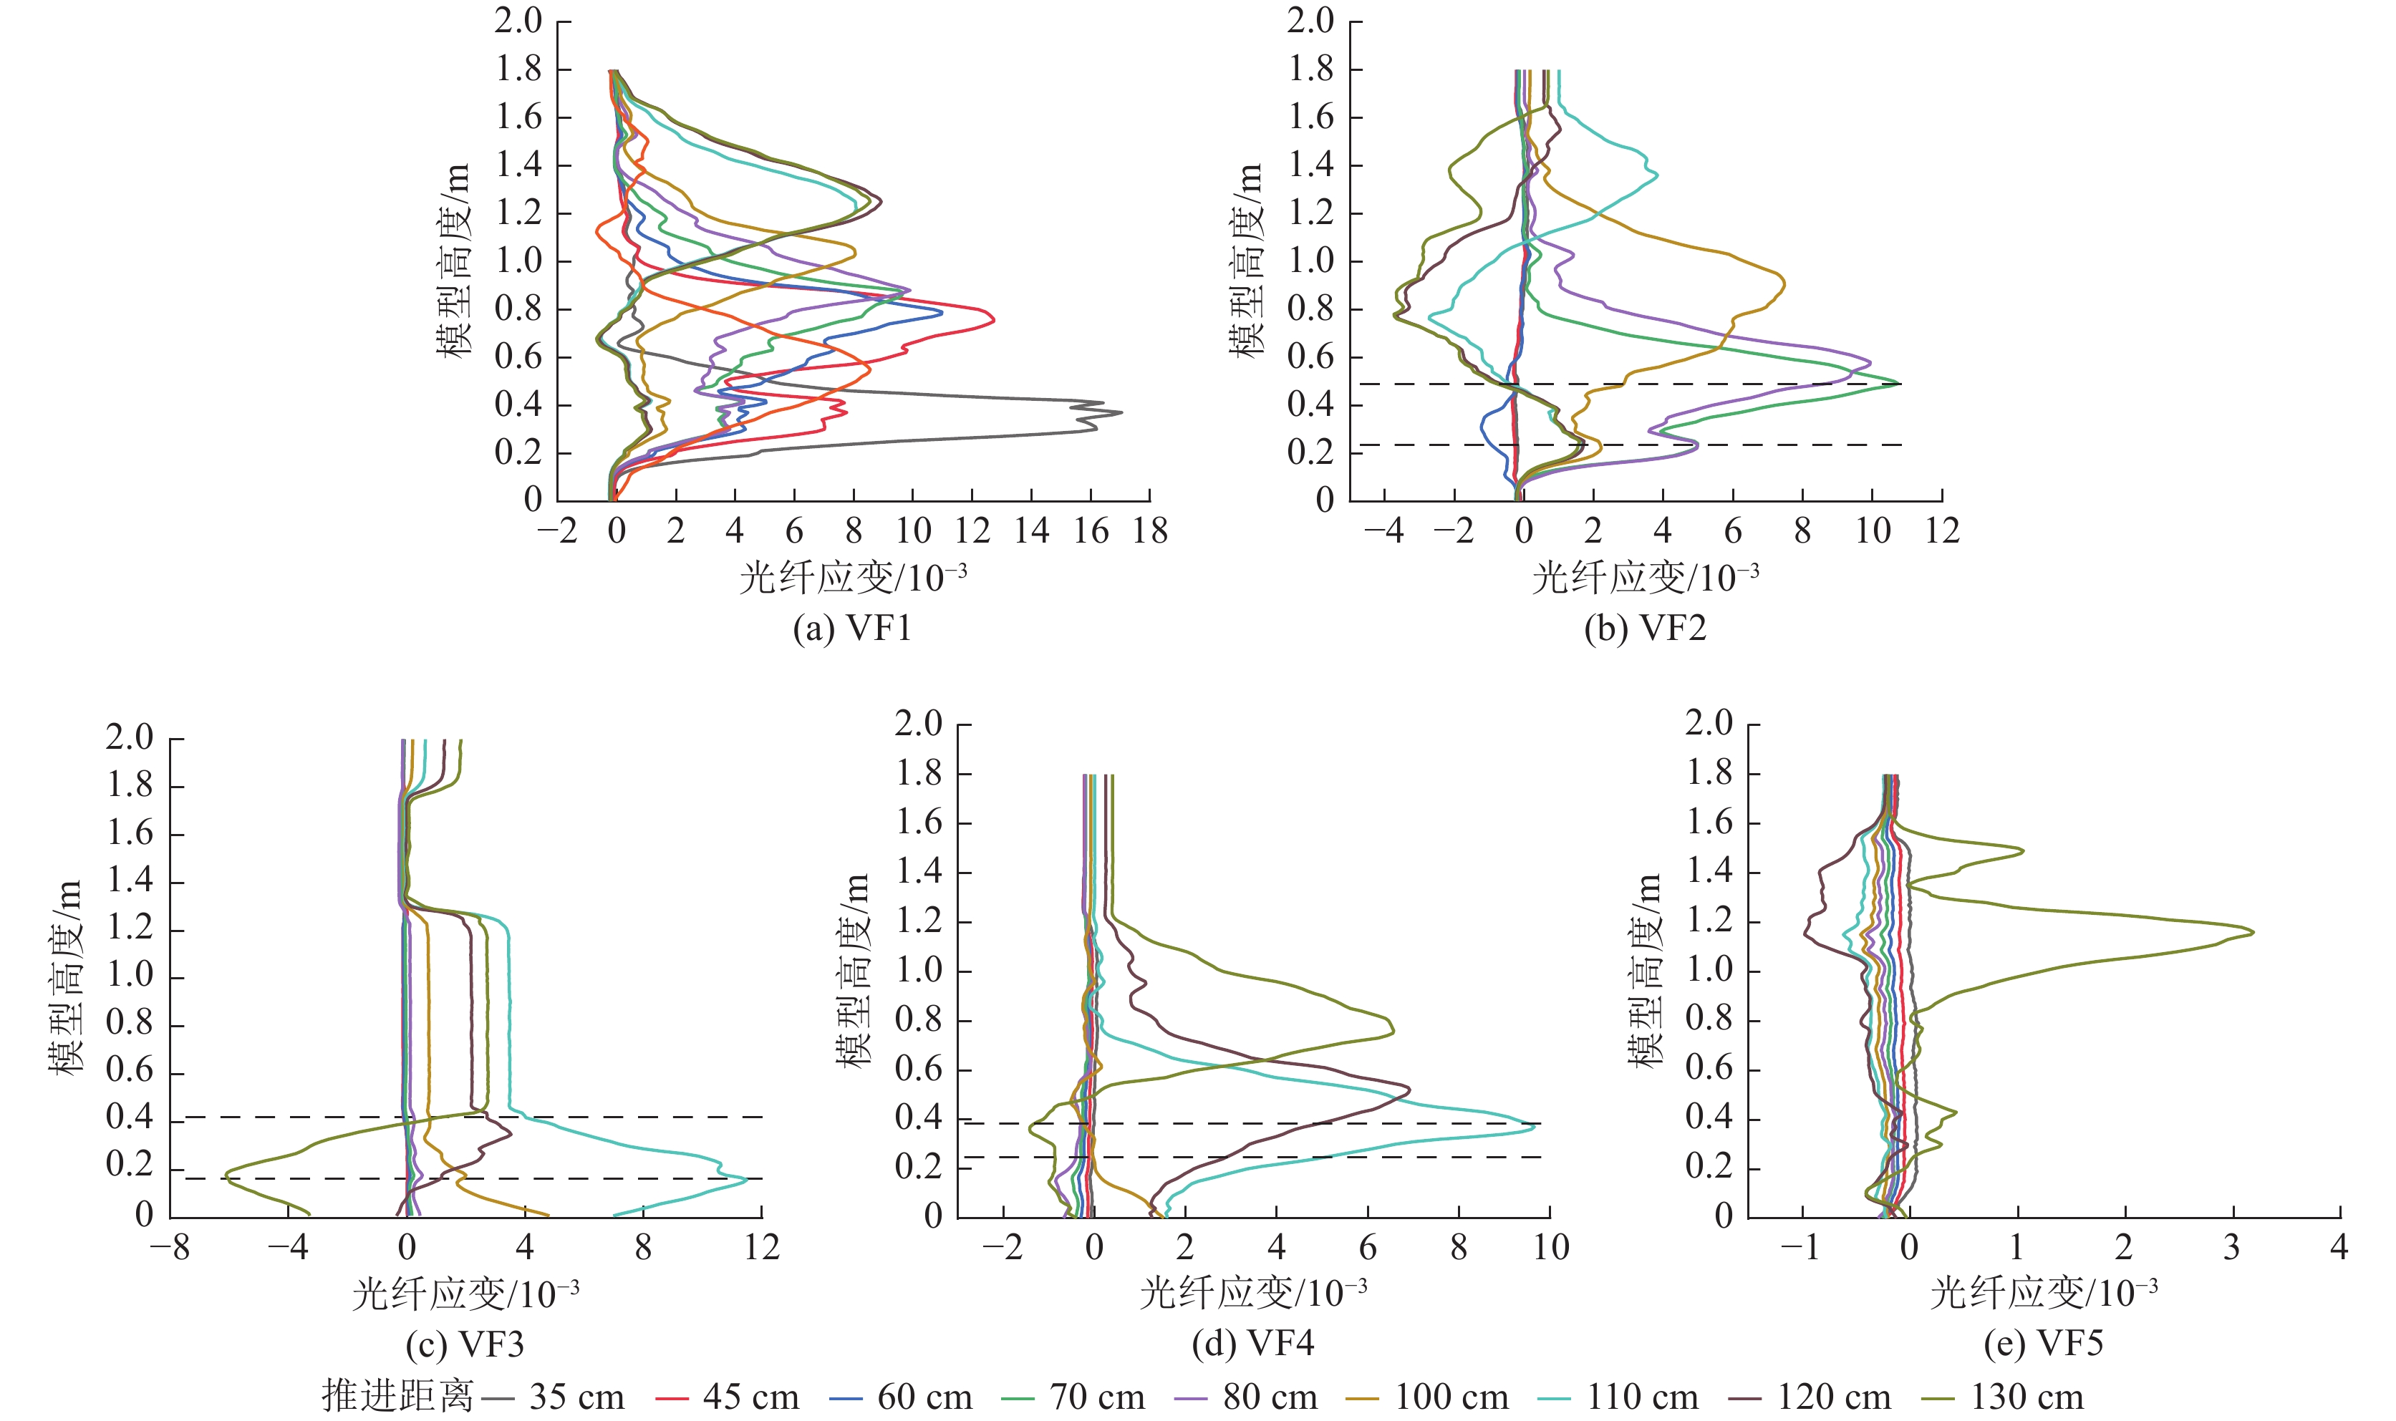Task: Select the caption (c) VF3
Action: coord(465,1344)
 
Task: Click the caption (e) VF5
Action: coord(2044,1344)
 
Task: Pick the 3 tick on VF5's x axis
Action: coord(2232,1248)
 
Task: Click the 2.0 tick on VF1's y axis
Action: coord(518,20)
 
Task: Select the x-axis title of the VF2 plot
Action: coord(1646,578)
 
